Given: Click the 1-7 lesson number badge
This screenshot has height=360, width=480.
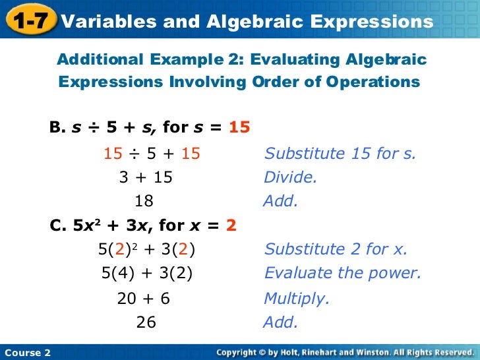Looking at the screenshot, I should tap(28, 21).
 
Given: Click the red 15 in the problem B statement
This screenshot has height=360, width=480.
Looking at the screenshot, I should tap(239, 127).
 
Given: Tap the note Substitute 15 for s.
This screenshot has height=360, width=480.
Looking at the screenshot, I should tap(340, 154).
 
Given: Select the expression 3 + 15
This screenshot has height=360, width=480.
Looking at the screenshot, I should tap(146, 177).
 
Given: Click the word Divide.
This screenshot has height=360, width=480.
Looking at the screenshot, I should tap(290, 177).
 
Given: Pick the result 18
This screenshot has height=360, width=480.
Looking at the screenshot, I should tap(144, 201).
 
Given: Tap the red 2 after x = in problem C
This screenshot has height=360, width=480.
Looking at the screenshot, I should tap(231, 226).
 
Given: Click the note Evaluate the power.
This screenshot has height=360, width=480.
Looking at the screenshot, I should tap(342, 273).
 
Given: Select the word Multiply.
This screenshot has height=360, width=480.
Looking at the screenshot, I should tap(296, 299).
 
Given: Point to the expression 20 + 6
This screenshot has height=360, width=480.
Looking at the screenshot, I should tap(144, 299).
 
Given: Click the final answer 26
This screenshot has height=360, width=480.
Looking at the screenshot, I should tap(146, 322).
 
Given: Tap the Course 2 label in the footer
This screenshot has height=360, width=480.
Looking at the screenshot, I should tap(27, 353).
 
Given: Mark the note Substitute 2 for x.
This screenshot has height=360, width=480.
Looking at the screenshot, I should tap(336, 249).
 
